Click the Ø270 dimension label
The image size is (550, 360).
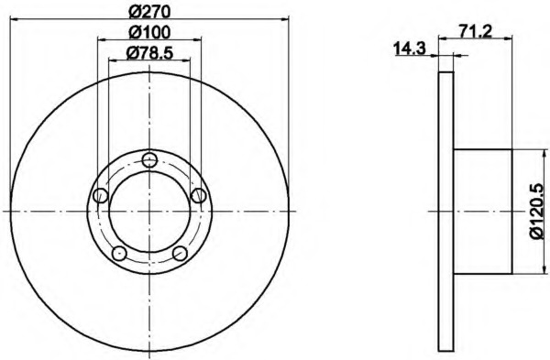[x=149, y=12]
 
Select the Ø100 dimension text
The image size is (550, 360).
[x=149, y=32]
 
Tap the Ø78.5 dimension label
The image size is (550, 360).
[x=149, y=53]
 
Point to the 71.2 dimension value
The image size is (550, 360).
[x=476, y=32]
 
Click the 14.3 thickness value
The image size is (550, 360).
[x=410, y=49]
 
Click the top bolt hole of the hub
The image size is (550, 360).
[x=149, y=159]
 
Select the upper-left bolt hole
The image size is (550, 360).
[x=101, y=195]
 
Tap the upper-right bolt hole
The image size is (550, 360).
[x=199, y=195]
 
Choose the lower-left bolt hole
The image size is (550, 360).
[x=119, y=253]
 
